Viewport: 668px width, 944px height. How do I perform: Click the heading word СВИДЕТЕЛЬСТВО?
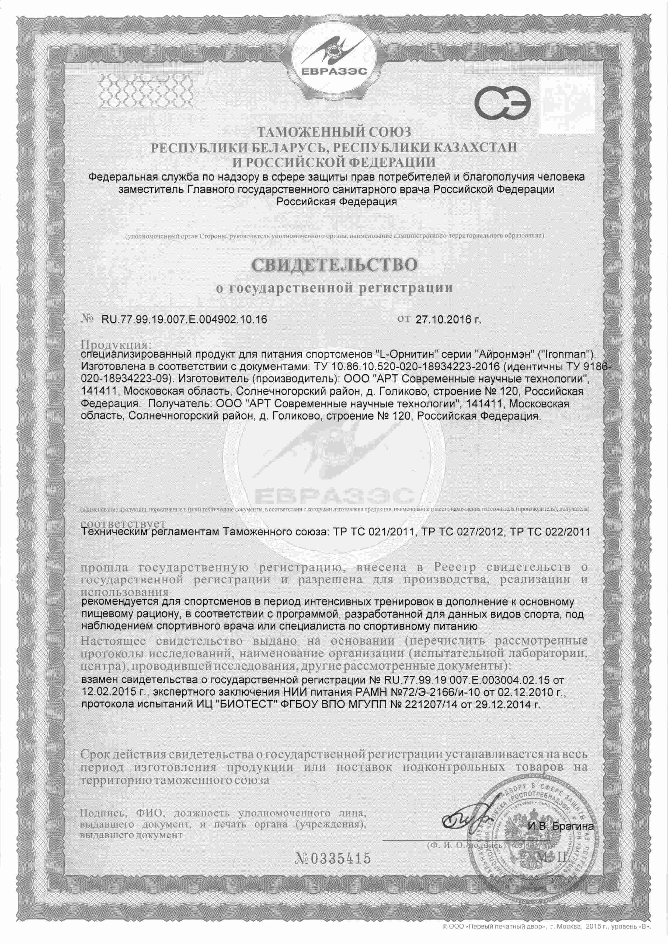334,265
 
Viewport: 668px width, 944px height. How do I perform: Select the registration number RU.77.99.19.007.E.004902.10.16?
183,320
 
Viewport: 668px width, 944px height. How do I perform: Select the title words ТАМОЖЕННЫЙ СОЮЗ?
334,132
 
